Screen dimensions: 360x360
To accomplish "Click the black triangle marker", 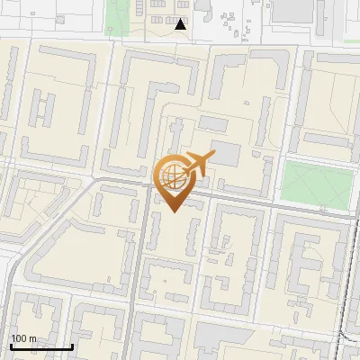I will pos(181,24).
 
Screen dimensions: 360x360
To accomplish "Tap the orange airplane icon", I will pos(197,164).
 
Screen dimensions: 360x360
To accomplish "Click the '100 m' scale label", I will pos(23,338).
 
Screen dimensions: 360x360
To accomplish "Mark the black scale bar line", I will pos(40,346).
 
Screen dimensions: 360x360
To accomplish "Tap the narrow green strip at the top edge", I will pos(118,13).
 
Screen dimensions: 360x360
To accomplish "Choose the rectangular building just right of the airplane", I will pos(227,154).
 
